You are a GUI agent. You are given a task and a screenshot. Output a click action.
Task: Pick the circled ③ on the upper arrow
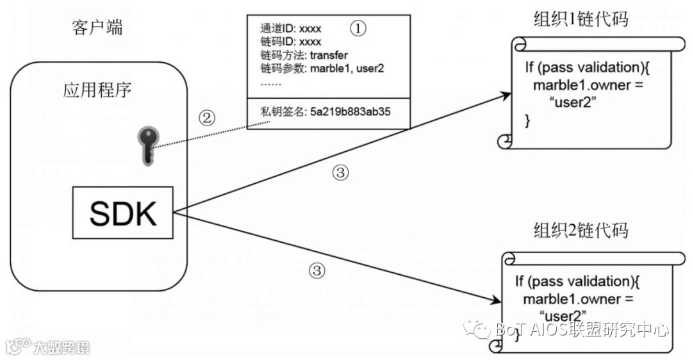[341, 172]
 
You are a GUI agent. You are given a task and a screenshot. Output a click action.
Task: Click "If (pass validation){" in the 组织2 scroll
[577, 281]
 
